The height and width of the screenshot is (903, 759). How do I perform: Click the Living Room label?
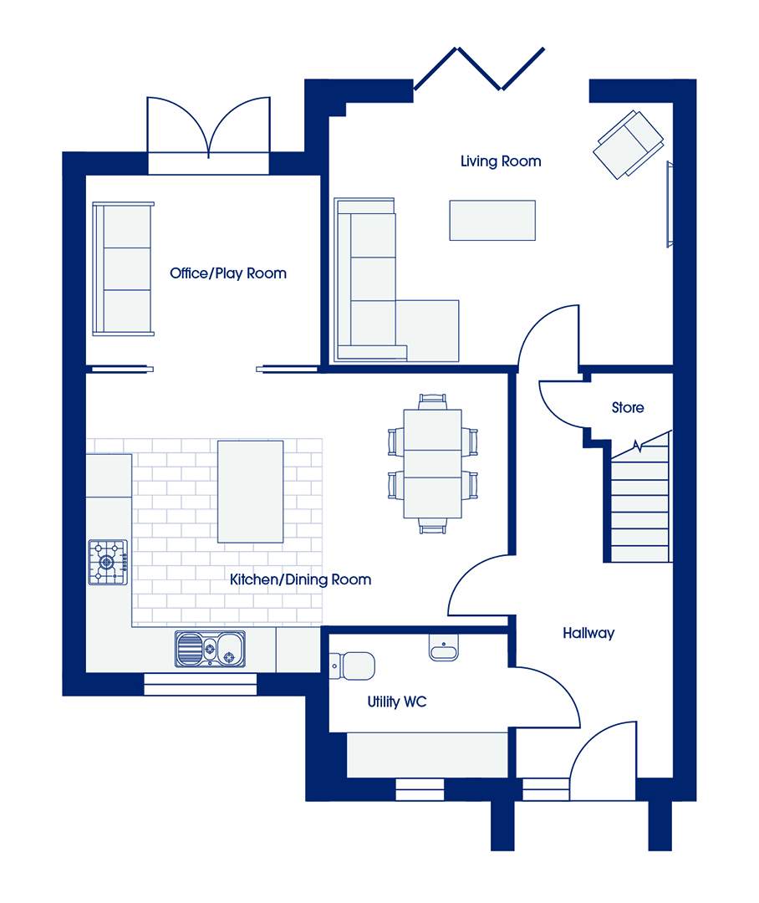click(501, 161)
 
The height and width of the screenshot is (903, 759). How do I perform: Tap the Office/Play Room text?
click(228, 273)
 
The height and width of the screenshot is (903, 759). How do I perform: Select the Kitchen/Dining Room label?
click(300, 579)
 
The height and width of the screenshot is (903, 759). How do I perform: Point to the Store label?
click(628, 408)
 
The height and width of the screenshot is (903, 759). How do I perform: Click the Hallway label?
click(588, 634)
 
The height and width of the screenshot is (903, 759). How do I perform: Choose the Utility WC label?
click(397, 701)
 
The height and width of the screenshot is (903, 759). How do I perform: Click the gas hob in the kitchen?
click(108, 562)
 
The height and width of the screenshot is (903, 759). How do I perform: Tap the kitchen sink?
click(210, 649)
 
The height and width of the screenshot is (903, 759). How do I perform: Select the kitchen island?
click(251, 492)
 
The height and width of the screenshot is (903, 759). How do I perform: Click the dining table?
click(432, 463)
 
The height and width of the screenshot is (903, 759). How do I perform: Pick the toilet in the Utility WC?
click(352, 666)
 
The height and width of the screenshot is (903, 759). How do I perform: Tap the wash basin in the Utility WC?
click(443, 648)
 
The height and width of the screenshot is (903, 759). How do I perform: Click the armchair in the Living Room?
click(629, 145)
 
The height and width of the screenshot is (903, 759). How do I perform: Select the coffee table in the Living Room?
click(492, 220)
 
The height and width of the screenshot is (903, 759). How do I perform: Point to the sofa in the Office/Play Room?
click(123, 268)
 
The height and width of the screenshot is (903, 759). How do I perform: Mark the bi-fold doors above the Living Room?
click(479, 69)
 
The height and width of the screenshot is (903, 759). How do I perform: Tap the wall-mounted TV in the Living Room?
click(670, 205)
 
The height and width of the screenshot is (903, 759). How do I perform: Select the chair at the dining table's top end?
click(432, 400)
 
